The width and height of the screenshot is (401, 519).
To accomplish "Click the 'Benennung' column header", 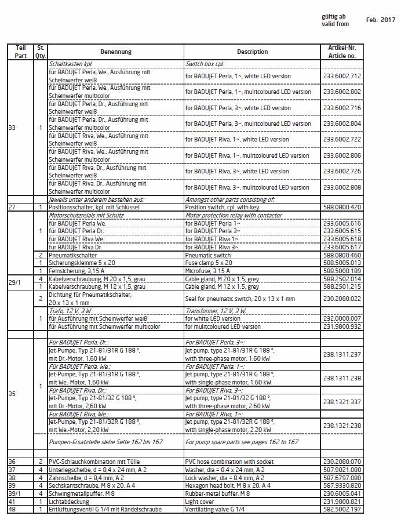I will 115,51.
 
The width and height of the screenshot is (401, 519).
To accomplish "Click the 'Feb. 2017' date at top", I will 380,20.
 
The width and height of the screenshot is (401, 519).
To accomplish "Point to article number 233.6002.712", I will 342,76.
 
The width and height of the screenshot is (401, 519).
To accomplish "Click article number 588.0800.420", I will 342,207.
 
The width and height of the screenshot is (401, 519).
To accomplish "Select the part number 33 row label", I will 12,128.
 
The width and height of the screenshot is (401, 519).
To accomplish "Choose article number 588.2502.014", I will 342,279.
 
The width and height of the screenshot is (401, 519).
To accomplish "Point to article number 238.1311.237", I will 342,354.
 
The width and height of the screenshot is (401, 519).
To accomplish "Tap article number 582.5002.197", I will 342,509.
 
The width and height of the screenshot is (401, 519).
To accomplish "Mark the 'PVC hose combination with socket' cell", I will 229,460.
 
